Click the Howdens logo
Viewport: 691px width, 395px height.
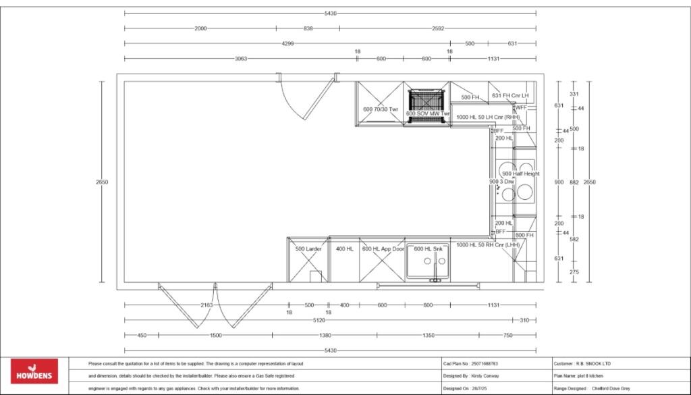tap(34, 371)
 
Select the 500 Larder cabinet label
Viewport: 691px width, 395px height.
tap(308, 249)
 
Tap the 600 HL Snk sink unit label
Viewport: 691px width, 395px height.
tap(428, 249)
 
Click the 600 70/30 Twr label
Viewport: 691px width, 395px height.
tap(381, 109)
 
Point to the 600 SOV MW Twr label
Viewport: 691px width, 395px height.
tap(427, 114)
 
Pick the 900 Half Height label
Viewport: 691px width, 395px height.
tap(521, 174)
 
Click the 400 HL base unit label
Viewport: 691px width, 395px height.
tap(345, 249)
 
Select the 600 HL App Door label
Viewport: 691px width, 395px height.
tap(383, 249)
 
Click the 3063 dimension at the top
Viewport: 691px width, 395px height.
tap(240, 59)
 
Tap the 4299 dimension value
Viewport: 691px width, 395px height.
tap(287, 43)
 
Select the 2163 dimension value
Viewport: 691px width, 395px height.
tap(206, 305)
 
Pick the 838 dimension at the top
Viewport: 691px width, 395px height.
tap(308, 28)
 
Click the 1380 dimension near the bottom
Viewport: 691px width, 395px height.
tap(325, 335)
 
